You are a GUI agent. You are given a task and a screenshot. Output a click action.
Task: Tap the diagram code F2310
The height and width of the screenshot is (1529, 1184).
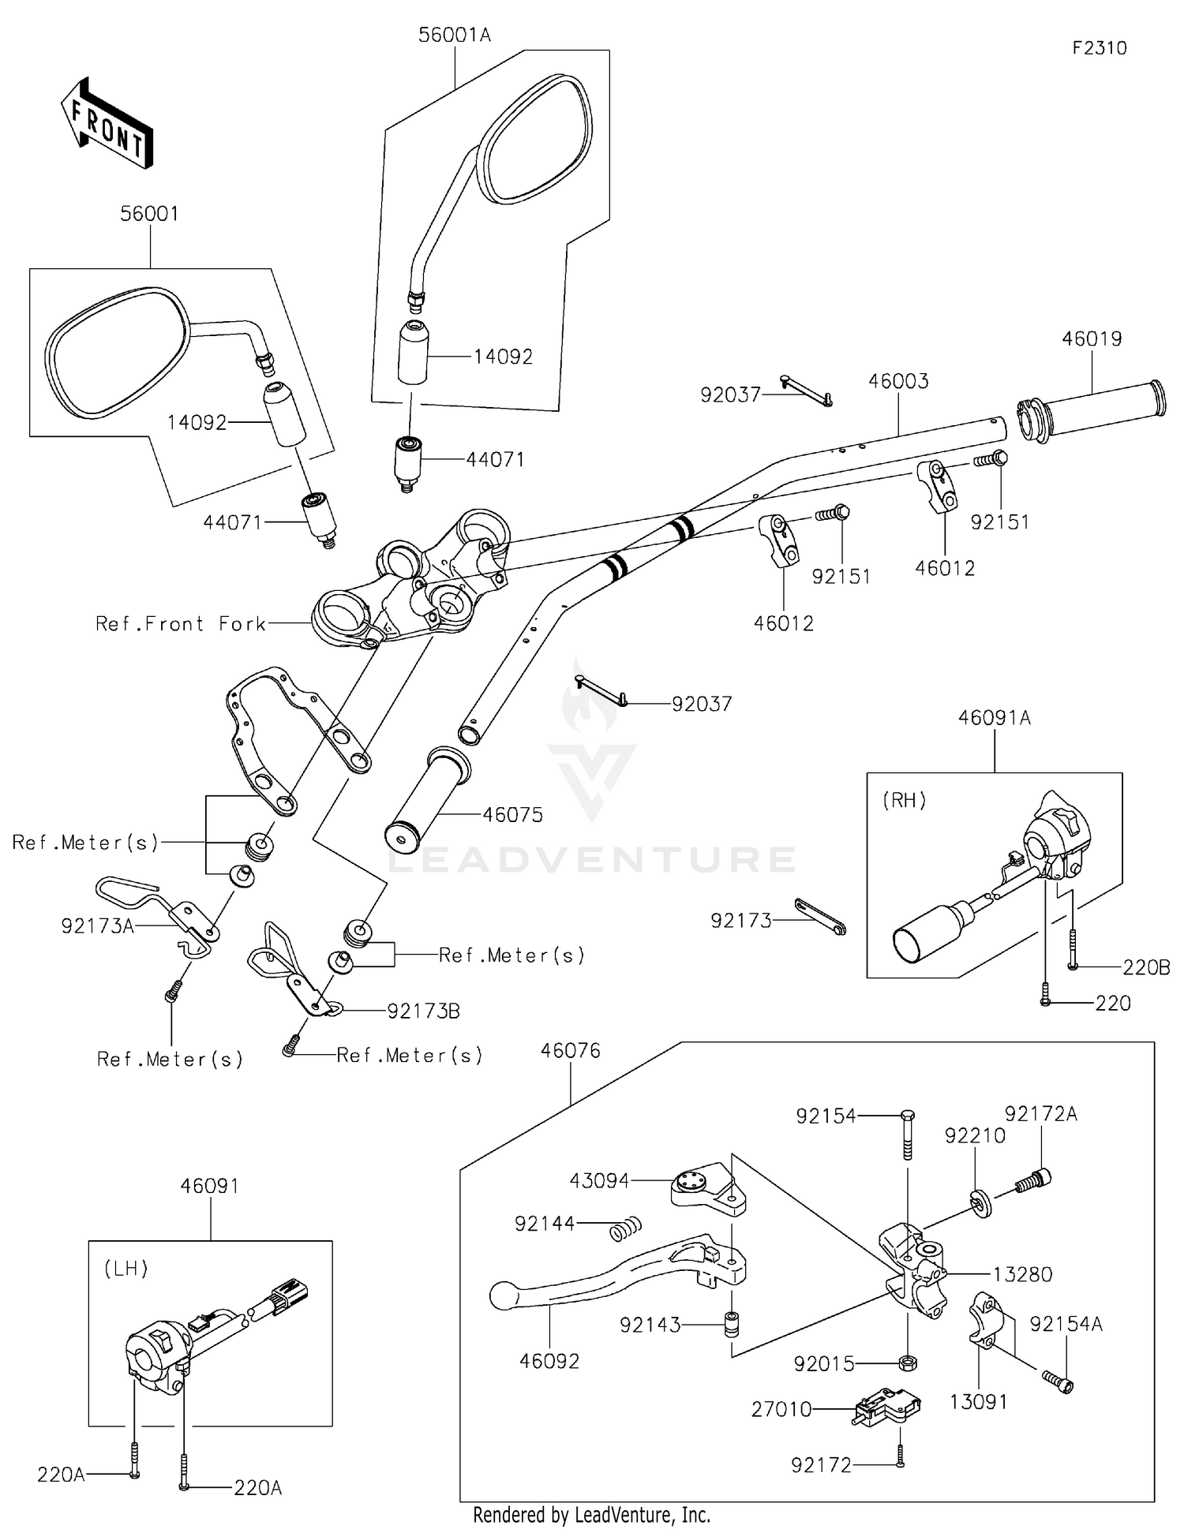[1099, 48]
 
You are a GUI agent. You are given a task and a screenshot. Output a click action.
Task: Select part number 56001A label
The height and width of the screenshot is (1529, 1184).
[454, 35]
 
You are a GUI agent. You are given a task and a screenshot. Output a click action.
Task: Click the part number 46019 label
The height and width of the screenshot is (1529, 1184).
[1092, 338]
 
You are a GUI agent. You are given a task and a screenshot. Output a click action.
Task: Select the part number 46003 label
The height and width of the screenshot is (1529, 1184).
[898, 381]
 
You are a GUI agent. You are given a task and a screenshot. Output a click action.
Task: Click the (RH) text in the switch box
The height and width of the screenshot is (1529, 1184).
[905, 800]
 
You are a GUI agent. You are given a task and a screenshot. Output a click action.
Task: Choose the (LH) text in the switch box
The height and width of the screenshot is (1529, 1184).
[126, 1269]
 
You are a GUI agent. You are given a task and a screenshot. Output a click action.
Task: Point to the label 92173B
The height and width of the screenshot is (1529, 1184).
[423, 1011]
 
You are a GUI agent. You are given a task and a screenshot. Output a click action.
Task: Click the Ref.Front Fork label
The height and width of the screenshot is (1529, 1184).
[181, 624]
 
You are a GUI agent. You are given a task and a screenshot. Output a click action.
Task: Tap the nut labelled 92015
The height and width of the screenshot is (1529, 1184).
[908, 1362]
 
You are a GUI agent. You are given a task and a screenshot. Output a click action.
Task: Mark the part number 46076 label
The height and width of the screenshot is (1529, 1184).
[571, 1051]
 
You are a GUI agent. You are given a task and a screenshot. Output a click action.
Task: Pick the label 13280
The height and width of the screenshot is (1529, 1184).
[1022, 1274]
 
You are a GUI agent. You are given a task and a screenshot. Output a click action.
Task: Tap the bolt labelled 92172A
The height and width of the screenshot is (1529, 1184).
[1032, 1181]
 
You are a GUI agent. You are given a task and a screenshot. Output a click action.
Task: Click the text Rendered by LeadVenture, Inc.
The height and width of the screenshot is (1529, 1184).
[591, 1515]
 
